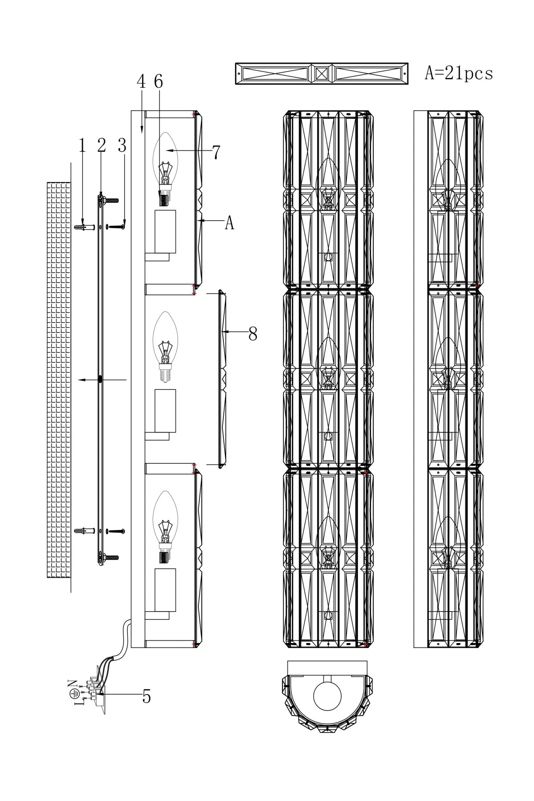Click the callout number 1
pos(82,146)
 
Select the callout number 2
pos(102,146)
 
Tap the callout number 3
pos(122,146)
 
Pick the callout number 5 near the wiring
pos(146,696)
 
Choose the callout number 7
pos(216,152)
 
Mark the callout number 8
pos(253,333)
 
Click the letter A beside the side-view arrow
pos(229,222)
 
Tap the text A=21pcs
pos(459,73)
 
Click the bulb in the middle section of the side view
pos(165,347)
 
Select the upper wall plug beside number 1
pos(85,227)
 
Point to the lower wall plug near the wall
pos(85,531)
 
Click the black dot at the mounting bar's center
pos(100,379)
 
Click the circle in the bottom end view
pos(327,696)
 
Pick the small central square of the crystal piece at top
pos(322,73)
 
